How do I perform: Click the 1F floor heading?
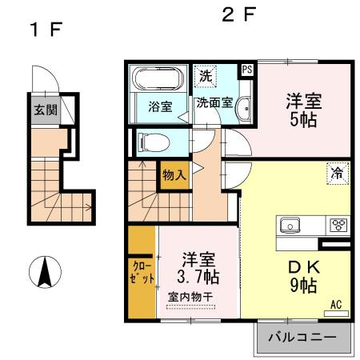[46, 30]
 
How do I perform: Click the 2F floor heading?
[238, 16]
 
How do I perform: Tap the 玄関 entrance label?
[45, 111]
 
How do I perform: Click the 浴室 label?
[160, 106]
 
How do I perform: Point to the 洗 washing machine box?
[206, 78]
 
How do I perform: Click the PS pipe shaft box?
[246, 70]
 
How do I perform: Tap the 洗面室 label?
[214, 103]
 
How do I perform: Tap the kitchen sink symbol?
[289, 225]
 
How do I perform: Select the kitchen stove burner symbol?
[337, 225]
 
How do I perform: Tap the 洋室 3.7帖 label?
[198, 268]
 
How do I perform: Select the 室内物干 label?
[190, 298]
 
